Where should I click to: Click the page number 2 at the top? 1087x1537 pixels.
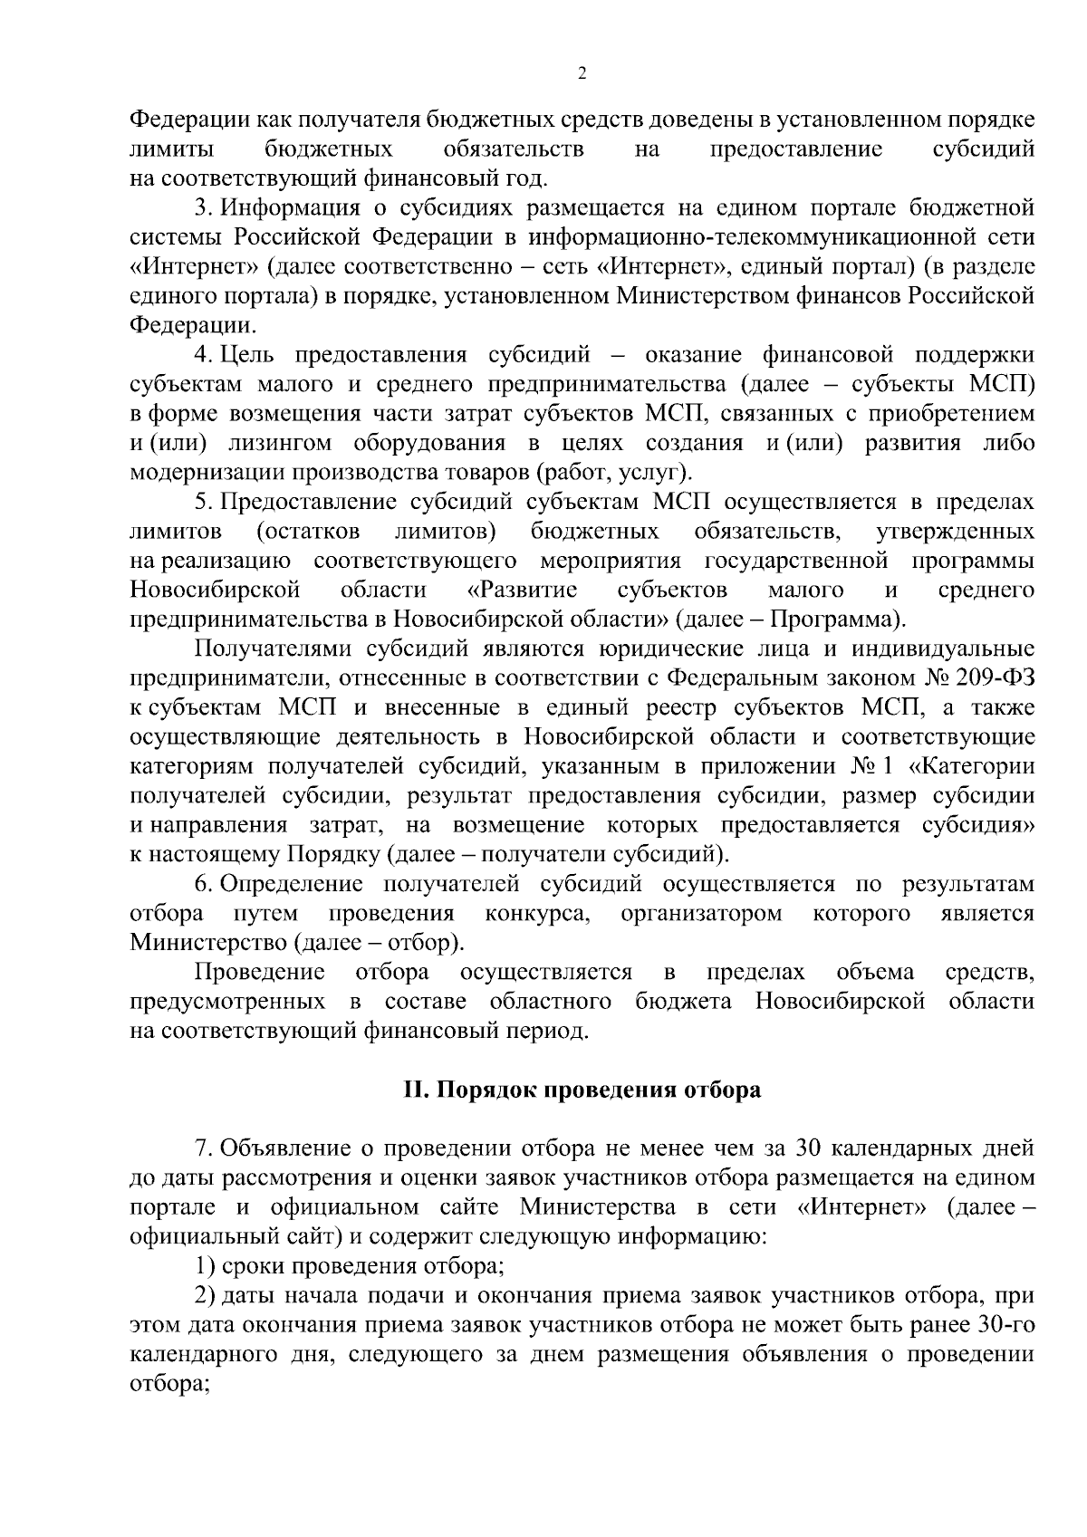(x=581, y=74)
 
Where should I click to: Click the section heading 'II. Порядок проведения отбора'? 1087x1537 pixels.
(x=582, y=1090)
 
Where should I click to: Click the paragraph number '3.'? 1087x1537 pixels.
(x=204, y=208)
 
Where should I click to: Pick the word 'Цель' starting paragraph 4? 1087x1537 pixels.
(x=243, y=355)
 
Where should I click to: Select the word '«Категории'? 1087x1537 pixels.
(x=972, y=766)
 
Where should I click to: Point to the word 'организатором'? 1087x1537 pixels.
(x=702, y=913)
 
